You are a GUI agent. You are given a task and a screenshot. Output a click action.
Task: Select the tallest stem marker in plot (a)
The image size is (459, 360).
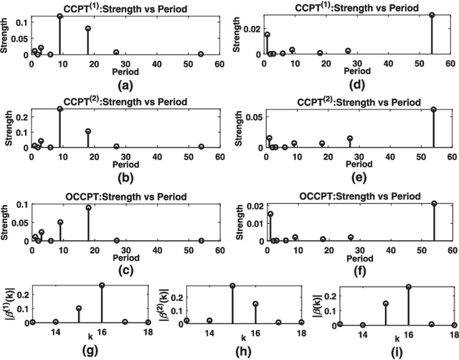(x=60, y=16)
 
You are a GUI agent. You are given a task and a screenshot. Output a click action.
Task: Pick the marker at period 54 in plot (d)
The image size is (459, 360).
(x=432, y=15)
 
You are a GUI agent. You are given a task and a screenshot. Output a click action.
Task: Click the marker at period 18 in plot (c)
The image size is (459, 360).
(x=88, y=208)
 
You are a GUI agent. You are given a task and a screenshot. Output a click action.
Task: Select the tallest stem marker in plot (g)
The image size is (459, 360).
(x=102, y=285)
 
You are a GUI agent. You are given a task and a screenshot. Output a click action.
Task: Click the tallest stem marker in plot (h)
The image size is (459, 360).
(x=233, y=285)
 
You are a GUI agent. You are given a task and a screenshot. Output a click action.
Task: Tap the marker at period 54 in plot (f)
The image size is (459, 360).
(x=432, y=204)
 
